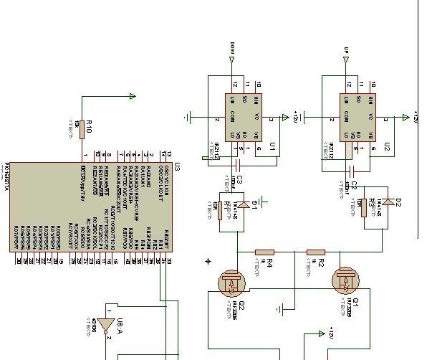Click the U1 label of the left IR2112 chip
[x=272, y=146]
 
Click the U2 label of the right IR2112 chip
[x=386, y=146]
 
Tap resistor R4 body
[x=264, y=252]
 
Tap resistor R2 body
[x=315, y=252]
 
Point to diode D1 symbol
[x=244, y=204]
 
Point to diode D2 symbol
[x=388, y=202]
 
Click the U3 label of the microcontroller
[x=176, y=168]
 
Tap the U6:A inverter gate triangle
[x=106, y=327]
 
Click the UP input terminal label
[x=347, y=52]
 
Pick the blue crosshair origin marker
[x=208, y=262]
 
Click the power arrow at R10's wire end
[x=132, y=97]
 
